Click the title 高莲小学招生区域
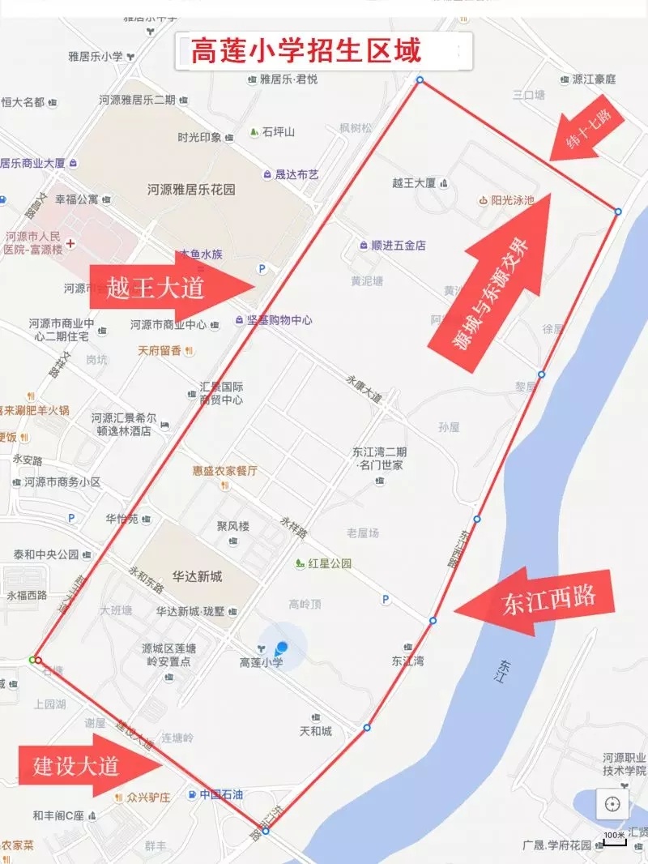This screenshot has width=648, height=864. [306, 52]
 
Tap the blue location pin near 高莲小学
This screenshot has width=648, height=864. [282, 648]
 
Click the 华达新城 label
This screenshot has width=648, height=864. [196, 576]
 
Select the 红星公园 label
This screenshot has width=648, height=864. [329, 562]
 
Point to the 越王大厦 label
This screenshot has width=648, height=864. [414, 183]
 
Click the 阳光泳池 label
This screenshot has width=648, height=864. [512, 199]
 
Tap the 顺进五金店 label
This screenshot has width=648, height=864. [399, 245]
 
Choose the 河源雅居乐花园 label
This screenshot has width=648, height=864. [191, 189]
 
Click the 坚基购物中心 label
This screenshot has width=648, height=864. [279, 320]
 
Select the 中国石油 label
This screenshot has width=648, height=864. [221, 794]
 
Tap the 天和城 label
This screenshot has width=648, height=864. [316, 731]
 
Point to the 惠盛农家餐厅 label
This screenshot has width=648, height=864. [224, 470]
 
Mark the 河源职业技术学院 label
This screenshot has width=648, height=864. [624, 764]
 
